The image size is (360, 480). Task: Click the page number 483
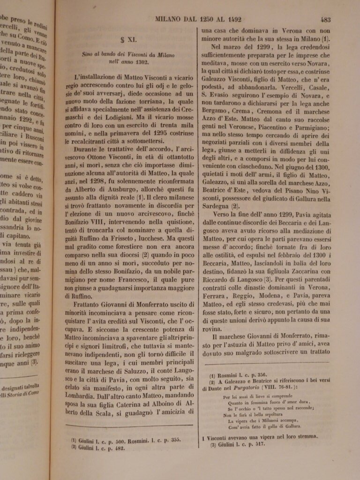326,20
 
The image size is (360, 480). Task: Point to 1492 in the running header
231,20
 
